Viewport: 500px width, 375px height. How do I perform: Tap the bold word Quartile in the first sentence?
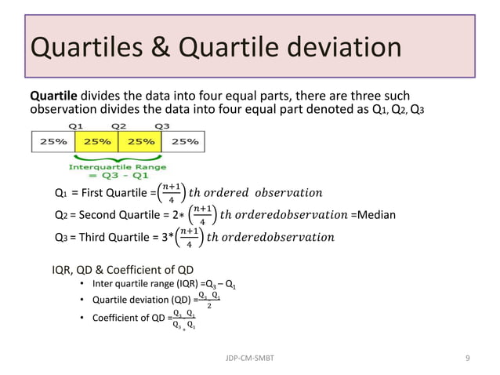point(52,94)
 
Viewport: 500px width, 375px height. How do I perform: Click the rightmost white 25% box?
point(184,141)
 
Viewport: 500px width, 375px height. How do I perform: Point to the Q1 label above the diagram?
point(76,125)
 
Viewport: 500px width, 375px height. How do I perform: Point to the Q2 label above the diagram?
point(119,125)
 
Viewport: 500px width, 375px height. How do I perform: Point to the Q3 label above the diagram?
point(162,125)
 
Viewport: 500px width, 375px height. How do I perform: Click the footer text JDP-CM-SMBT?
point(249,358)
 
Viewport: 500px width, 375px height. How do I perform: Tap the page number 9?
point(467,358)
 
